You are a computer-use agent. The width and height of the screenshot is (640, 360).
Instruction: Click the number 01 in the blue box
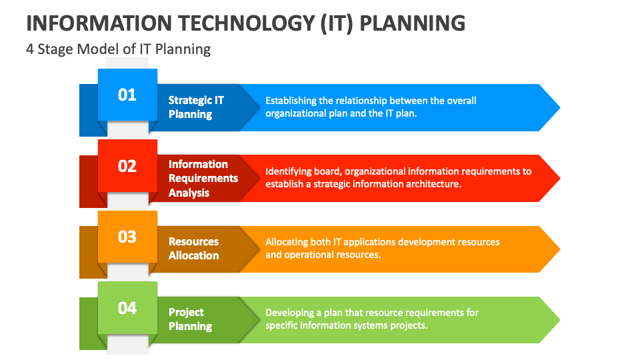tap(127, 95)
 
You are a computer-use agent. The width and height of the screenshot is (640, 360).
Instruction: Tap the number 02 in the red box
tap(127, 165)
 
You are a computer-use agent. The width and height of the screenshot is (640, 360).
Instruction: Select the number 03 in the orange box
tap(127, 237)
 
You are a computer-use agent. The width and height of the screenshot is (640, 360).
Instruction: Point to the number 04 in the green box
tap(127, 307)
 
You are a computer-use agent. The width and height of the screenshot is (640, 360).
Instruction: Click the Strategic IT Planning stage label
tap(196, 107)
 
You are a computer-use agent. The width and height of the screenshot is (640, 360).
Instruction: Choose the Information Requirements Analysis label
tap(203, 179)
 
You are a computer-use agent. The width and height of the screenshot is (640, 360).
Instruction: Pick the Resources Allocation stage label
tap(193, 249)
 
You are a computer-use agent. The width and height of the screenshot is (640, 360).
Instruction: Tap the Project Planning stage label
tap(190, 319)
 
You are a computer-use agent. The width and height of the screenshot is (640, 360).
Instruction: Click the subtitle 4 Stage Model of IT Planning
tap(119, 49)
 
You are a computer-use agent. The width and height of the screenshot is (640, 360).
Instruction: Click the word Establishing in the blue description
tap(291, 101)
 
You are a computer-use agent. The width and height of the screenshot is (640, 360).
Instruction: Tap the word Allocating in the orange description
tap(288, 242)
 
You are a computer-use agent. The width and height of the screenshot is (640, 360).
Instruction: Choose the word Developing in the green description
tap(290, 313)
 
